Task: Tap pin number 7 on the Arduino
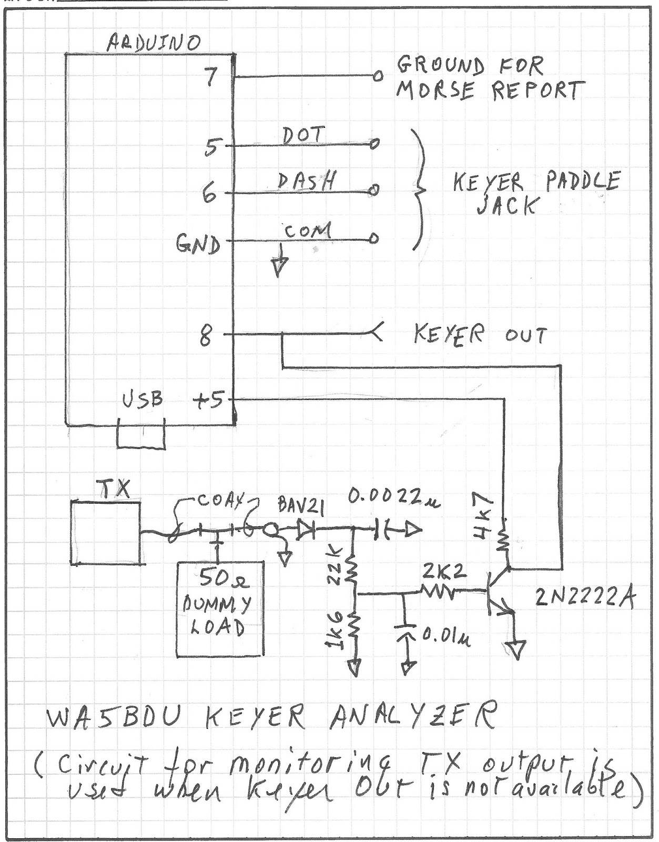(211, 77)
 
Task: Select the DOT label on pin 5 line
(303, 135)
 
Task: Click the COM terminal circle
(374, 238)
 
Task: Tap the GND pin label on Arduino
(198, 245)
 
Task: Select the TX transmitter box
(106, 533)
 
